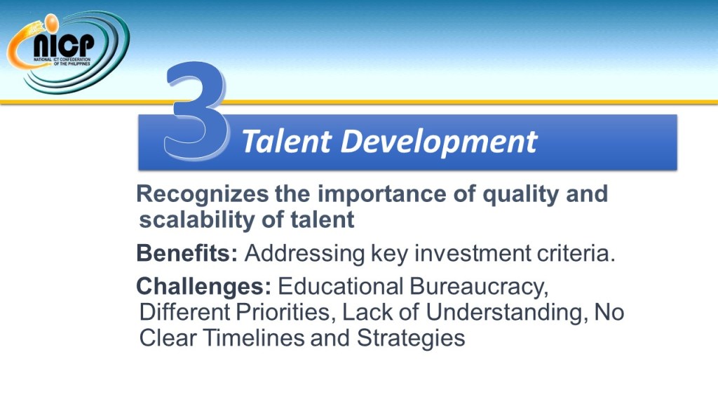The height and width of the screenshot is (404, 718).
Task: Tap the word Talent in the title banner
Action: (x=286, y=140)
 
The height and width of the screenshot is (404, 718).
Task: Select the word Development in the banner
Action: (x=439, y=142)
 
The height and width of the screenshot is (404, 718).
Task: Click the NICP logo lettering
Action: (x=64, y=46)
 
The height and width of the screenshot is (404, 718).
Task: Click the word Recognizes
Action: (x=202, y=194)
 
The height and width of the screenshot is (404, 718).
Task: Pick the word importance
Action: (x=382, y=194)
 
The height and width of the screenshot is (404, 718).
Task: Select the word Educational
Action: (x=340, y=287)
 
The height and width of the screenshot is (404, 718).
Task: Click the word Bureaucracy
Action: (x=479, y=288)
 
